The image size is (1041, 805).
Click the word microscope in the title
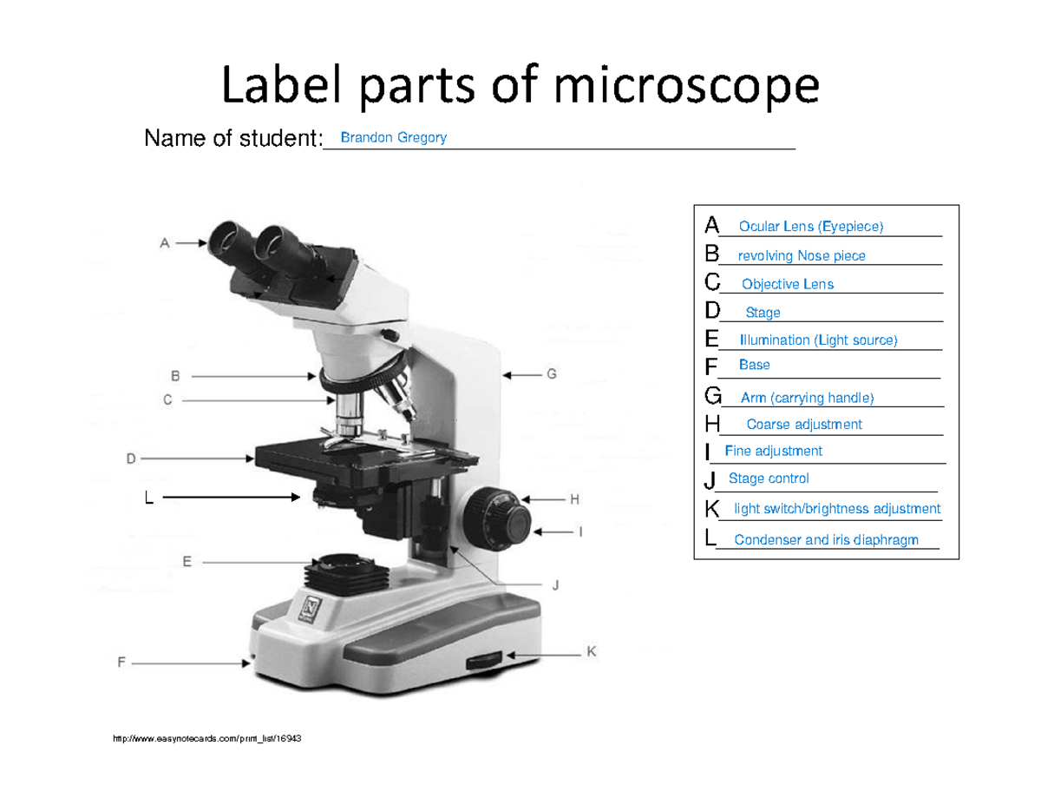point(686,86)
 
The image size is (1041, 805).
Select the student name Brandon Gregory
point(393,137)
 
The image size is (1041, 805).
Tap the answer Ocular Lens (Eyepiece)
point(810,227)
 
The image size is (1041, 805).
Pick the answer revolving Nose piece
point(802,255)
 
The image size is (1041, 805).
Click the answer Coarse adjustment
point(804,425)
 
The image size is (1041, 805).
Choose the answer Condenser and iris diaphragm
point(826,540)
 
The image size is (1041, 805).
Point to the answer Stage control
point(769,478)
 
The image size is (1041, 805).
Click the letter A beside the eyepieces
point(165,243)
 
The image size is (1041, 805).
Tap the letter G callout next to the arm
point(552,374)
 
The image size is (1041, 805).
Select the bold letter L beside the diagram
point(149,498)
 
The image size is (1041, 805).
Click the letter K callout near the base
point(591,651)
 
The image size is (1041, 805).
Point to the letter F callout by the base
point(121,662)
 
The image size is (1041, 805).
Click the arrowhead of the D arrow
point(250,459)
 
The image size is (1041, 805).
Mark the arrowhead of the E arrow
point(315,562)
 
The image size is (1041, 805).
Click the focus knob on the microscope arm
point(497,518)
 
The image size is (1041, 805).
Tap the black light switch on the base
point(484,661)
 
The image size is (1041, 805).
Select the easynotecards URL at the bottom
point(207,738)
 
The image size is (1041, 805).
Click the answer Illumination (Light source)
point(818,340)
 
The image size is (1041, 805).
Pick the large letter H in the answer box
point(712,424)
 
